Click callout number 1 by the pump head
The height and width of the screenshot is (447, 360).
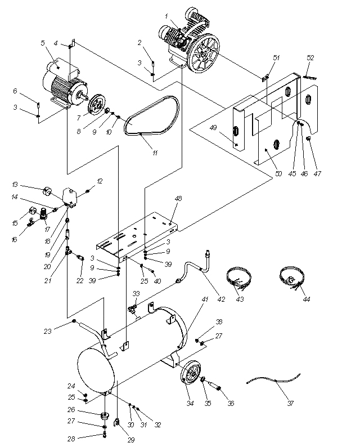[x=167, y=16]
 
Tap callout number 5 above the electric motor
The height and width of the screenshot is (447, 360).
[x=43, y=43]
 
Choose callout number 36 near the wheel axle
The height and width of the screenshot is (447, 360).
[x=230, y=403]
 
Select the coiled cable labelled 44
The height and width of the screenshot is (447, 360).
[x=292, y=278]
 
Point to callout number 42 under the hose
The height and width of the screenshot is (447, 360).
[x=221, y=299]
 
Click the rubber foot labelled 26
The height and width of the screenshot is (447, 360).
[x=103, y=417]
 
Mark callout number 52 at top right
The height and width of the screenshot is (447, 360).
[x=310, y=57]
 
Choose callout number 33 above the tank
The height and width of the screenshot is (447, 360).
[x=136, y=293]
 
